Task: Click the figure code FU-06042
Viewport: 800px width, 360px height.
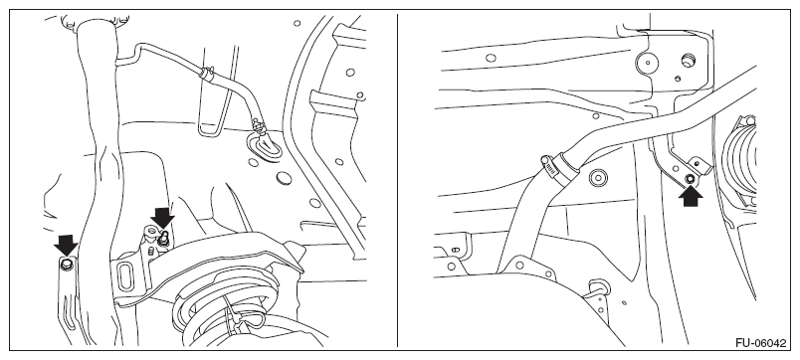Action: coord(761,343)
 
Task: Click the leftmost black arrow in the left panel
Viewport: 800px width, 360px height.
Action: coord(67,246)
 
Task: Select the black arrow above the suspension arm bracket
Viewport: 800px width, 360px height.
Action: coord(163,218)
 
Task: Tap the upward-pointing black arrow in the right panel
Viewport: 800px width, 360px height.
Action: coord(691,194)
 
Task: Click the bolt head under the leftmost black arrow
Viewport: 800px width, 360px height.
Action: coord(67,265)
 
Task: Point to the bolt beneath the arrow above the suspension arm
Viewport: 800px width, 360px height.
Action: coord(164,237)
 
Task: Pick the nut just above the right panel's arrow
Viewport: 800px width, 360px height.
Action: coord(690,178)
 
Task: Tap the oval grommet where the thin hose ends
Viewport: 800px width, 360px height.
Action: coord(265,145)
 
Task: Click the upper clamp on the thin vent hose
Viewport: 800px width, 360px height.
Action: coord(209,74)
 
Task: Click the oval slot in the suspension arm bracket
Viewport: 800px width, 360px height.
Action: coord(125,275)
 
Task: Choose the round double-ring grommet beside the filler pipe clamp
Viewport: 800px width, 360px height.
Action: coord(598,178)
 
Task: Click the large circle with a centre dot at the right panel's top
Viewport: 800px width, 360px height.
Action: coord(647,64)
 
